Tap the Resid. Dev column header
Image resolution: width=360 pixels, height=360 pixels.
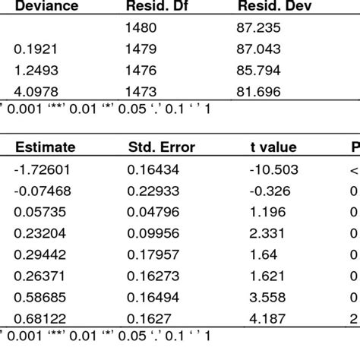pos(273,7)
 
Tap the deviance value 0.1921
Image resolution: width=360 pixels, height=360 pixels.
pos(34,50)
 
